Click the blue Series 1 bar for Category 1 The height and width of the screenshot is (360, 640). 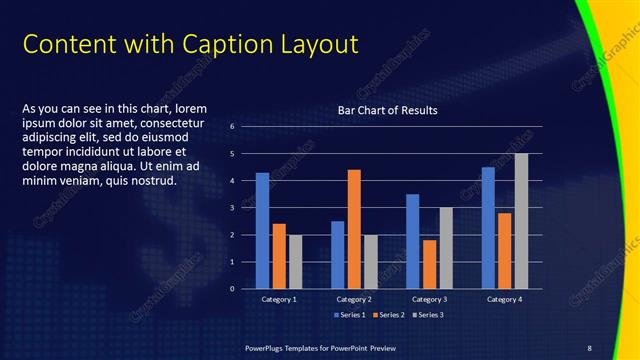pyautogui.click(x=262, y=231)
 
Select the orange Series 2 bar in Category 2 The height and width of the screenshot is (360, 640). pyautogui.click(x=354, y=229)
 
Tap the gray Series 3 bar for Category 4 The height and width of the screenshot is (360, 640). pyautogui.click(x=521, y=221)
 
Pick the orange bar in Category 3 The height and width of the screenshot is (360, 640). pyautogui.click(x=429, y=264)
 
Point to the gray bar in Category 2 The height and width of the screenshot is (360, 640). pyautogui.click(x=371, y=262)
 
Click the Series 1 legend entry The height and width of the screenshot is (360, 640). pyautogui.click(x=350, y=315)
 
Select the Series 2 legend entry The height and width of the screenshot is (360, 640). pyautogui.click(x=390, y=315)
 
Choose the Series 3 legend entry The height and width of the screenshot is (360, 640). pyautogui.click(x=430, y=315)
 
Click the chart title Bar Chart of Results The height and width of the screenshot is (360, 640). pyautogui.click(x=388, y=110)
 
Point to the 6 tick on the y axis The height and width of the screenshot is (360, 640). pyautogui.click(x=231, y=127)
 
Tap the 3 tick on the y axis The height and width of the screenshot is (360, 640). pyautogui.click(x=231, y=208)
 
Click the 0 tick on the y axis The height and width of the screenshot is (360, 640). pyautogui.click(x=231, y=289)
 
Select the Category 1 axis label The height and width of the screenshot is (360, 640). pyautogui.click(x=279, y=299)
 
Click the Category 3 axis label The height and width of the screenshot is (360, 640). pyautogui.click(x=429, y=299)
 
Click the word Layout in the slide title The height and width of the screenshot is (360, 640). pyautogui.click(x=316, y=44)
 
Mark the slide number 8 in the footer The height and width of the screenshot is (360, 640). pyautogui.click(x=589, y=346)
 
